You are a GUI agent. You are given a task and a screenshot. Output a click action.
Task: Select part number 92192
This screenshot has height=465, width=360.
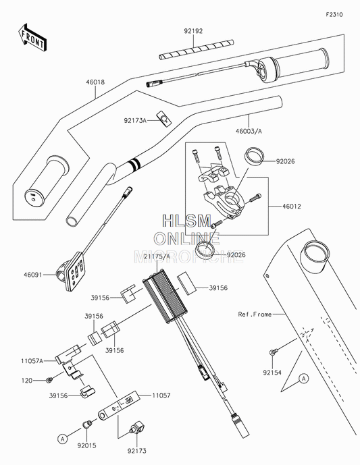pyautogui.click(x=194, y=31)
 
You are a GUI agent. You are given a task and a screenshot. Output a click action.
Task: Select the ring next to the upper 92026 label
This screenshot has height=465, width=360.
pyautogui.click(x=255, y=158)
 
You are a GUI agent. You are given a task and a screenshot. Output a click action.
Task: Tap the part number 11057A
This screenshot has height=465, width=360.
pyautogui.click(x=31, y=361)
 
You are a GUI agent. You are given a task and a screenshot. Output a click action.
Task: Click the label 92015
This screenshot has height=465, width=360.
pyautogui.click(x=86, y=446)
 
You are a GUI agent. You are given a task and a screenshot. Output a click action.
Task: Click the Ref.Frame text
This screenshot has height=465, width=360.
pyautogui.click(x=255, y=314)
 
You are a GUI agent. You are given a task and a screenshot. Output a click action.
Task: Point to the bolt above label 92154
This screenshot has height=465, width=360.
pyautogui.click(x=274, y=352)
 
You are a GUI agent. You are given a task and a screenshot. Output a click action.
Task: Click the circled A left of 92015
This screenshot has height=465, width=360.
pyautogui.click(x=62, y=438)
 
